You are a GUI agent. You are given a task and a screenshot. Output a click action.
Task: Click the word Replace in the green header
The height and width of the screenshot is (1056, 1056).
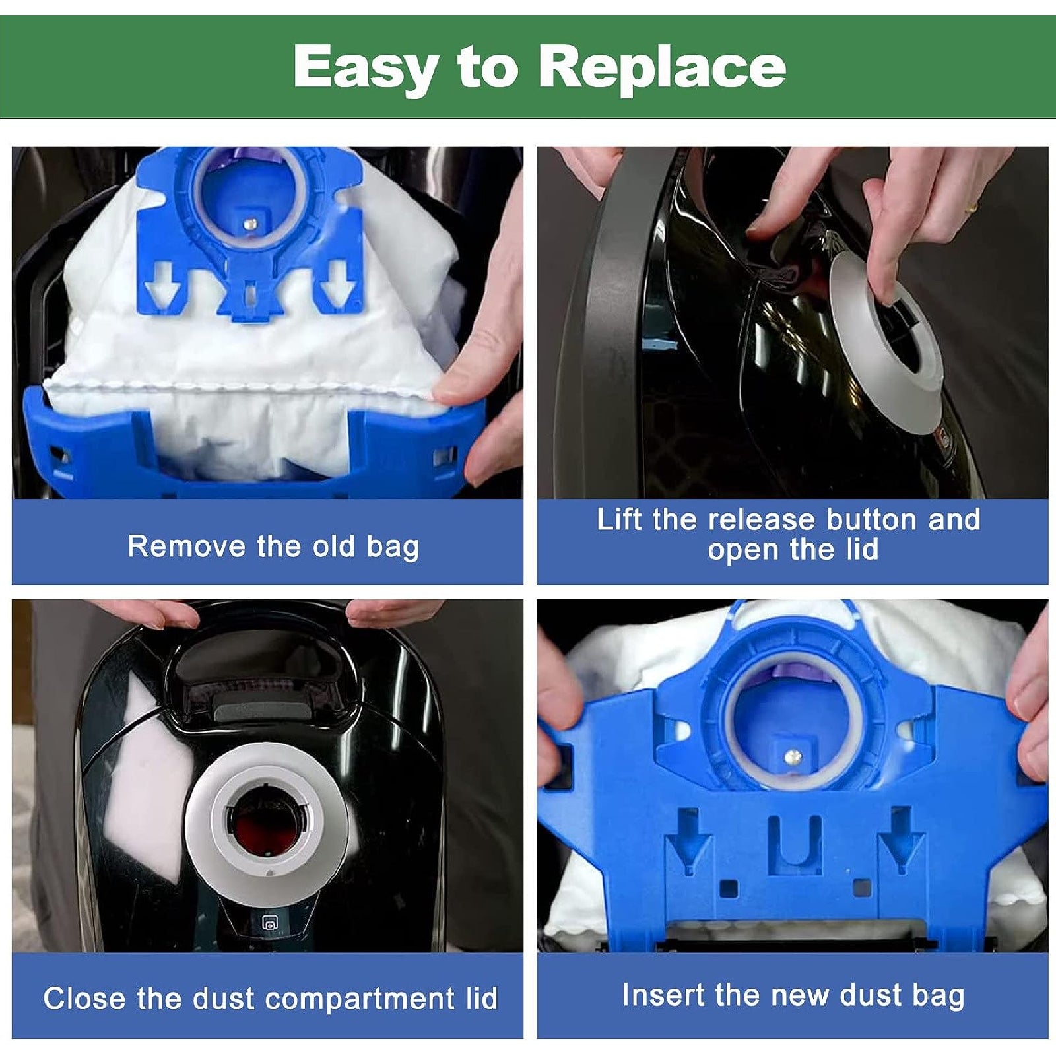[x=663, y=66]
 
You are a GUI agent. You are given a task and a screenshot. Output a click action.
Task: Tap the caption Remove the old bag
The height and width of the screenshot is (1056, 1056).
[x=273, y=546]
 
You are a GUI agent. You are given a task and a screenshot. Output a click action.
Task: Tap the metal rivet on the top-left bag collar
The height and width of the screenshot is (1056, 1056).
[x=249, y=224]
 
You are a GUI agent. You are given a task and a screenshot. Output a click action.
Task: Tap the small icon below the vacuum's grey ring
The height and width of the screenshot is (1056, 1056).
[x=269, y=924]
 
